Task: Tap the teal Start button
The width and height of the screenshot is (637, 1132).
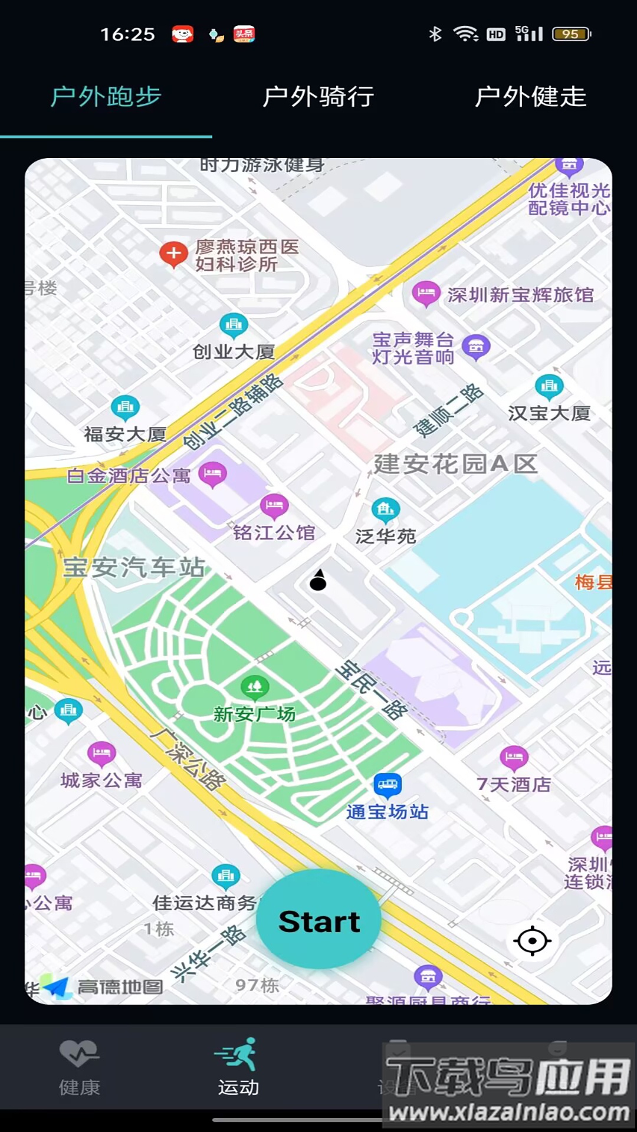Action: pos(318,920)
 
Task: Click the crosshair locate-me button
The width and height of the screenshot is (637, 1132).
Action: pos(532,940)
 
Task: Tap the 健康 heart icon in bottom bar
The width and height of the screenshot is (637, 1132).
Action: pos(79,1054)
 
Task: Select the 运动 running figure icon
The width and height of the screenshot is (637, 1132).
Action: pos(238,1054)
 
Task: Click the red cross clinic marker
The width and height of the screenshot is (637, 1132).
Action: pos(173,255)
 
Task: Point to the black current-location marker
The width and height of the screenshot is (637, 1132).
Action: pos(318,581)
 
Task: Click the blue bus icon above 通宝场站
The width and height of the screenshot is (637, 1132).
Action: pos(388,784)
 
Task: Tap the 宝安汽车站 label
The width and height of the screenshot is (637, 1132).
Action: pos(134,567)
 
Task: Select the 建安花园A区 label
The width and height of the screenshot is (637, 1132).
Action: pos(455,464)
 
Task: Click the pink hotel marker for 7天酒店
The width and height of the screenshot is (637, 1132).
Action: pos(514,757)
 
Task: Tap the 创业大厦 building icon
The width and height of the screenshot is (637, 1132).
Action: pos(234,324)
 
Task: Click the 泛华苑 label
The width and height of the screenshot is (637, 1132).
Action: pos(386,536)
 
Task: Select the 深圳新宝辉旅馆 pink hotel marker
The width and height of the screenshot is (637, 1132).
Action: pos(425,293)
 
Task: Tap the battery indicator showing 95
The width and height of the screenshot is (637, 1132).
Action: pos(571,34)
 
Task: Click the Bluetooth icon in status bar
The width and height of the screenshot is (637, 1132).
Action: pos(435,34)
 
